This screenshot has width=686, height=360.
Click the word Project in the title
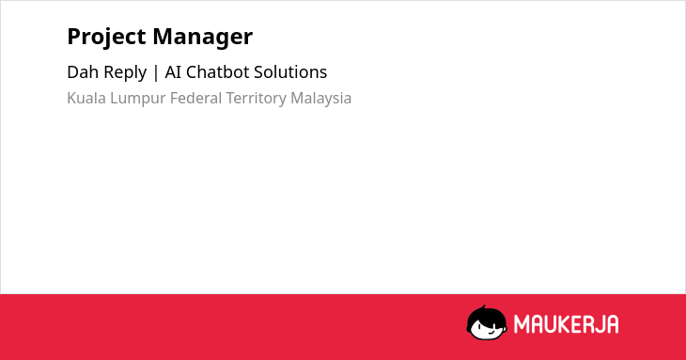point(106,38)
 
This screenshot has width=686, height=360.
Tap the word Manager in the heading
point(203,38)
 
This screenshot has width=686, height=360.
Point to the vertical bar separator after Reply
point(156,72)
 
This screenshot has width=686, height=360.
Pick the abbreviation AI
point(173,71)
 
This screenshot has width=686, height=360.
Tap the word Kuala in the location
point(86,98)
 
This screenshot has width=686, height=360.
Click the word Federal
point(195,98)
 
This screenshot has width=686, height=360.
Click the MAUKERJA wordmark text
point(566,324)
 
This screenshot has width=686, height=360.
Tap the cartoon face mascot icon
point(487,322)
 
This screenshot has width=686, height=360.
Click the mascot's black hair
point(486,316)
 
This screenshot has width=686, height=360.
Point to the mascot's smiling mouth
point(491,332)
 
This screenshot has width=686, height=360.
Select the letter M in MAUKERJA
point(521,324)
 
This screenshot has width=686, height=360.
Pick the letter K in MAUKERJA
point(564,324)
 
